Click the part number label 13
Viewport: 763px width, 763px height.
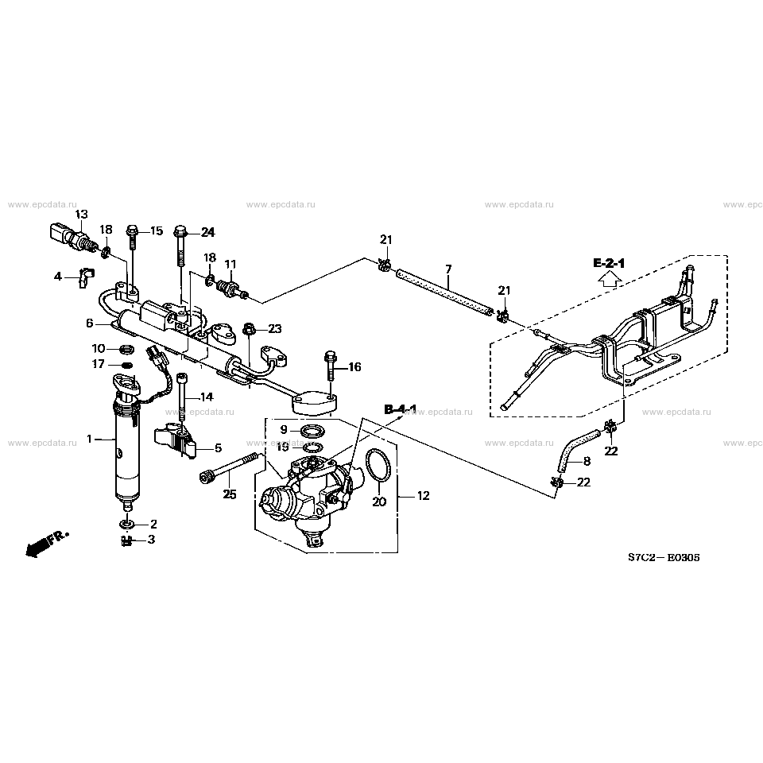point(81,215)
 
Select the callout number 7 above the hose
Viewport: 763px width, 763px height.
point(448,269)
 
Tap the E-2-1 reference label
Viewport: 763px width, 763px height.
point(610,262)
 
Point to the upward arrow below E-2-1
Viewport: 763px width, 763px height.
point(610,278)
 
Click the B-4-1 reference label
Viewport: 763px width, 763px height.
point(401,409)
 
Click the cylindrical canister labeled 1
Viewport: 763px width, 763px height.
point(126,453)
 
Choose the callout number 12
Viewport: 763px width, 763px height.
point(423,496)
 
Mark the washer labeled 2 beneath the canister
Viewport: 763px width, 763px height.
point(127,524)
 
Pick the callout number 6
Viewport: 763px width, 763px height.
point(90,323)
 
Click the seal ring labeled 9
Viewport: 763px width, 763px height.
point(311,431)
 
